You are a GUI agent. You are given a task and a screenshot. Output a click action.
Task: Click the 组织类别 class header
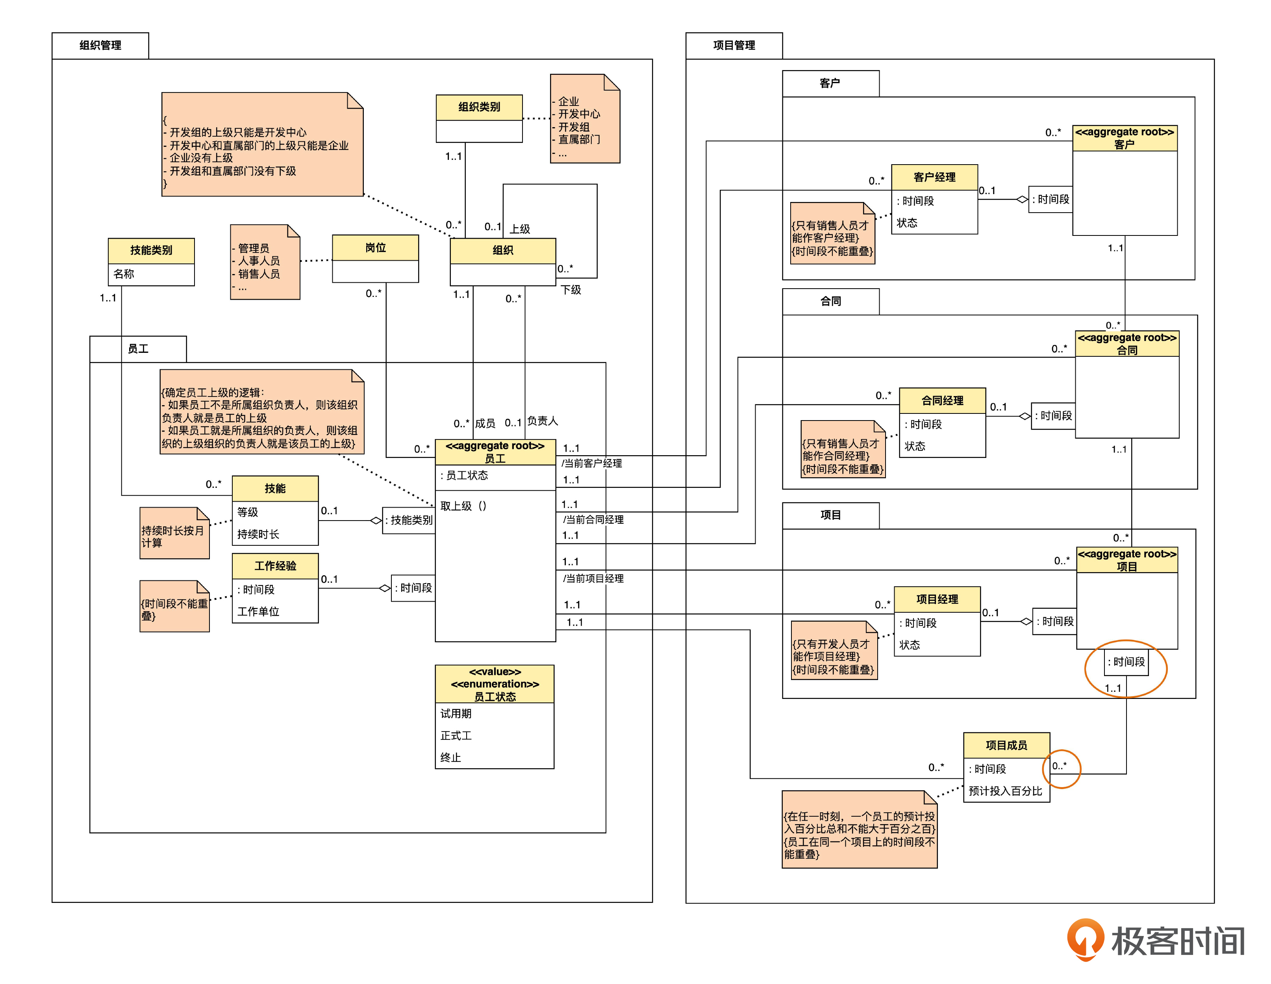479,107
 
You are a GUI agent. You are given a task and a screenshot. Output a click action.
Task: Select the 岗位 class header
375,248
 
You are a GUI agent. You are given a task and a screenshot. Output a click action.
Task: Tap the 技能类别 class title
151,250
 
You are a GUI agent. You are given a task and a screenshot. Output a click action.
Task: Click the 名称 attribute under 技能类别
124,274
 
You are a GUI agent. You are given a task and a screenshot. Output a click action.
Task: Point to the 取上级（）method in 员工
463,506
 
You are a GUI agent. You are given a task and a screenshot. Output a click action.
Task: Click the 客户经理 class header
934,177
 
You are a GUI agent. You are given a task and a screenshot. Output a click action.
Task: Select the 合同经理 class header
942,400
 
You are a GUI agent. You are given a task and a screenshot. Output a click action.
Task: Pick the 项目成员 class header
1006,745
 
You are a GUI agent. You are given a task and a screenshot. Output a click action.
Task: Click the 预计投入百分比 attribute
1005,791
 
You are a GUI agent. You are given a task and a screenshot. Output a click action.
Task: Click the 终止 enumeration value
450,757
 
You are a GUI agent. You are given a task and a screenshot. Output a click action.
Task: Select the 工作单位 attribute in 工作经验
258,611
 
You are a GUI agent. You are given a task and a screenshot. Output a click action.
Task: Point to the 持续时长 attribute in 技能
258,534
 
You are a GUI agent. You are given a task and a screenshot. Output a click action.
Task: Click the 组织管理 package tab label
100,45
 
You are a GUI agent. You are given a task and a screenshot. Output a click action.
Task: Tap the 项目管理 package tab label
734,45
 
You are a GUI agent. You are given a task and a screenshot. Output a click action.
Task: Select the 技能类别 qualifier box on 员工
410,520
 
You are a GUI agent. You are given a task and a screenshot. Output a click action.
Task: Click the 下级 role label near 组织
571,290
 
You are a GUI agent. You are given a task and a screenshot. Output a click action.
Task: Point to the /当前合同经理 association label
593,519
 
